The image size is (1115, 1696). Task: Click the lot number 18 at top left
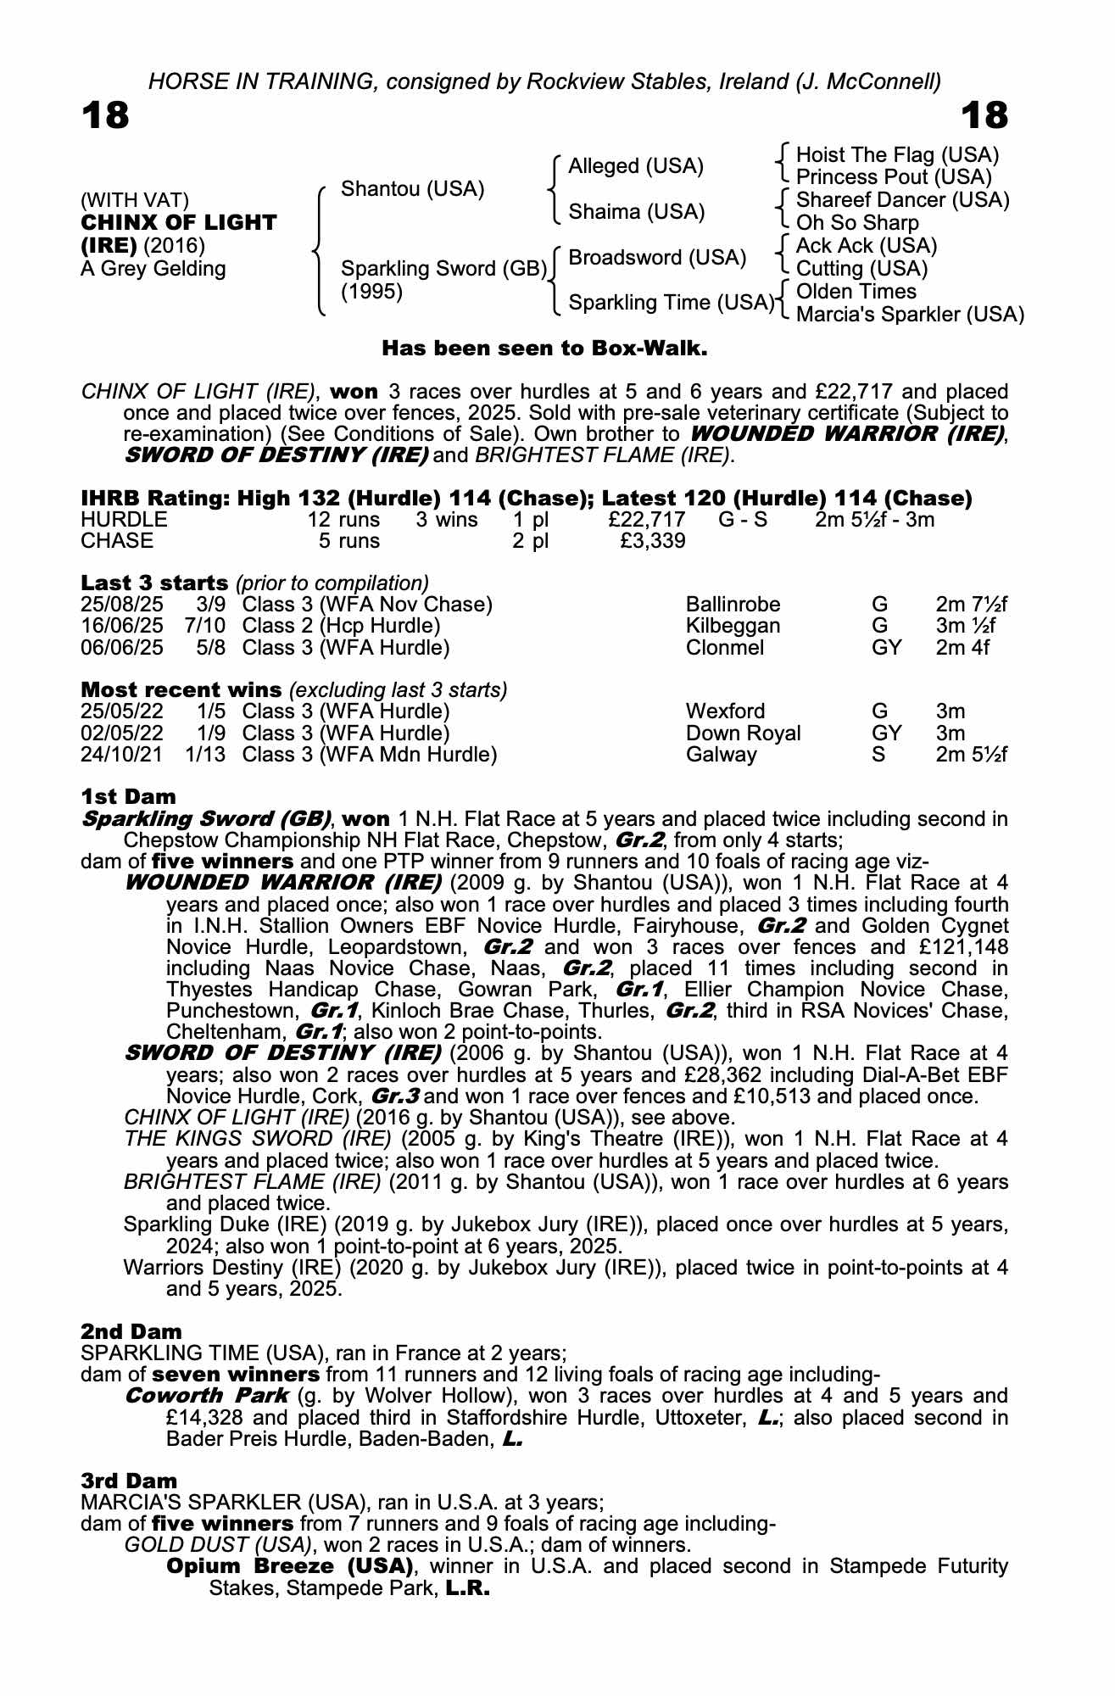(x=105, y=115)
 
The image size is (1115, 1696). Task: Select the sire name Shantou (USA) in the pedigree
(x=412, y=189)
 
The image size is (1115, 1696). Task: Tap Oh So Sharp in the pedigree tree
(x=857, y=223)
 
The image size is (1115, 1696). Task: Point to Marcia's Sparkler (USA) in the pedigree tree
(x=910, y=315)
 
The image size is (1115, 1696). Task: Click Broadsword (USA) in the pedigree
(x=657, y=258)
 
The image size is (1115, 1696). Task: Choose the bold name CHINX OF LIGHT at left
(x=178, y=223)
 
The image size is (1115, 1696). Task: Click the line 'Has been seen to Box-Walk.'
(x=544, y=349)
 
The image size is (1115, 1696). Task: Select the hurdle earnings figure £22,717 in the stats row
(x=646, y=519)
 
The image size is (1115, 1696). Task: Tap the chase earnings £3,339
(x=653, y=541)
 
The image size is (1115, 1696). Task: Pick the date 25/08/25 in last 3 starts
(x=121, y=605)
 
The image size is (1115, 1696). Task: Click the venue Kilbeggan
(x=733, y=627)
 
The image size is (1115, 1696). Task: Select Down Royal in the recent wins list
(x=743, y=734)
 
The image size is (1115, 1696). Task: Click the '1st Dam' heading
(x=128, y=797)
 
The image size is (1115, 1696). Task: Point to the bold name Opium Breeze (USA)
(x=289, y=1566)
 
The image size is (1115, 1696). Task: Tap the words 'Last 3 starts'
(x=154, y=583)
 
